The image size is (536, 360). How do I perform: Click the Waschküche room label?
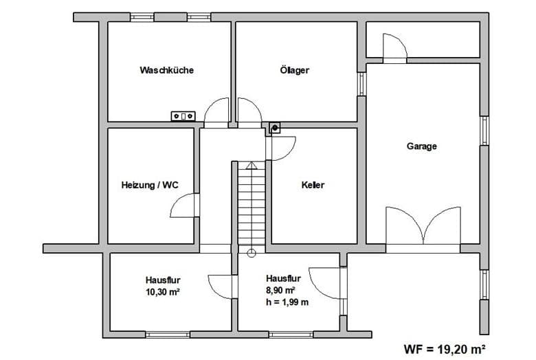click(x=166, y=70)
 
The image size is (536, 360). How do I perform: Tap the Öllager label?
click(x=294, y=70)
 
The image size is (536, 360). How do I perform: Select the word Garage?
click(x=421, y=146)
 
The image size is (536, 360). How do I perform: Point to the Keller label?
click(x=313, y=185)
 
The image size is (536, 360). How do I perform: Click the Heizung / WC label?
click(x=150, y=185)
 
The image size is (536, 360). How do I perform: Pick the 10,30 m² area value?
click(x=163, y=292)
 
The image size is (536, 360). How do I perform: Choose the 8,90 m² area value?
click(x=280, y=290)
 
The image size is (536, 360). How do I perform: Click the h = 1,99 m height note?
click(x=287, y=302)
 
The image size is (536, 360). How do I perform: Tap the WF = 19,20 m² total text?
click(x=445, y=350)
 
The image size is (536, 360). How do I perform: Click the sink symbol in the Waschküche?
click(x=183, y=116)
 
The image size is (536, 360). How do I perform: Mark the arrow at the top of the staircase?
click(x=252, y=166)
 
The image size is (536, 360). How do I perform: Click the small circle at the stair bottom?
click(x=252, y=254)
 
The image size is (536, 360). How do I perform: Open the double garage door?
click(x=423, y=225)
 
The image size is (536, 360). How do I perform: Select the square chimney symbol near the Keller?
click(x=275, y=128)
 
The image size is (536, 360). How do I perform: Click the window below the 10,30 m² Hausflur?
click(x=168, y=335)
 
